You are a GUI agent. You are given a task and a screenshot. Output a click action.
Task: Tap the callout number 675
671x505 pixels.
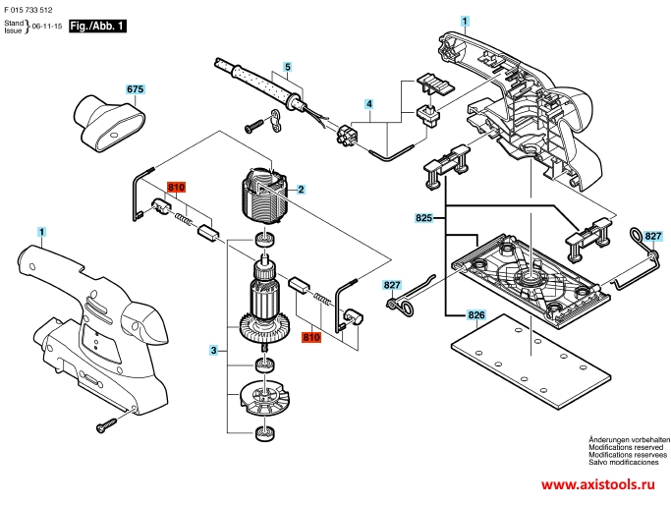point(136,89)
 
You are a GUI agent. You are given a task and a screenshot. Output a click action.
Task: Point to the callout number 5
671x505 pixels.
point(288,67)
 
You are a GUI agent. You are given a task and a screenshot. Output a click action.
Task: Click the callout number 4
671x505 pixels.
point(368,103)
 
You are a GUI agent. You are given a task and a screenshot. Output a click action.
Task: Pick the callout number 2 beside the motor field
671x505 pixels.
point(301,189)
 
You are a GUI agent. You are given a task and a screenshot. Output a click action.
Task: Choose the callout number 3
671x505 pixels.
point(213,350)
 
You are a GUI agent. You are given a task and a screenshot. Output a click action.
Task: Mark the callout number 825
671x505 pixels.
point(423,215)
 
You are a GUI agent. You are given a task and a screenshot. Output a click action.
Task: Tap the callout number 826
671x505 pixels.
point(476,314)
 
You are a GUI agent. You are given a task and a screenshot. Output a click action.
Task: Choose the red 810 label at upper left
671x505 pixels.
point(176,188)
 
